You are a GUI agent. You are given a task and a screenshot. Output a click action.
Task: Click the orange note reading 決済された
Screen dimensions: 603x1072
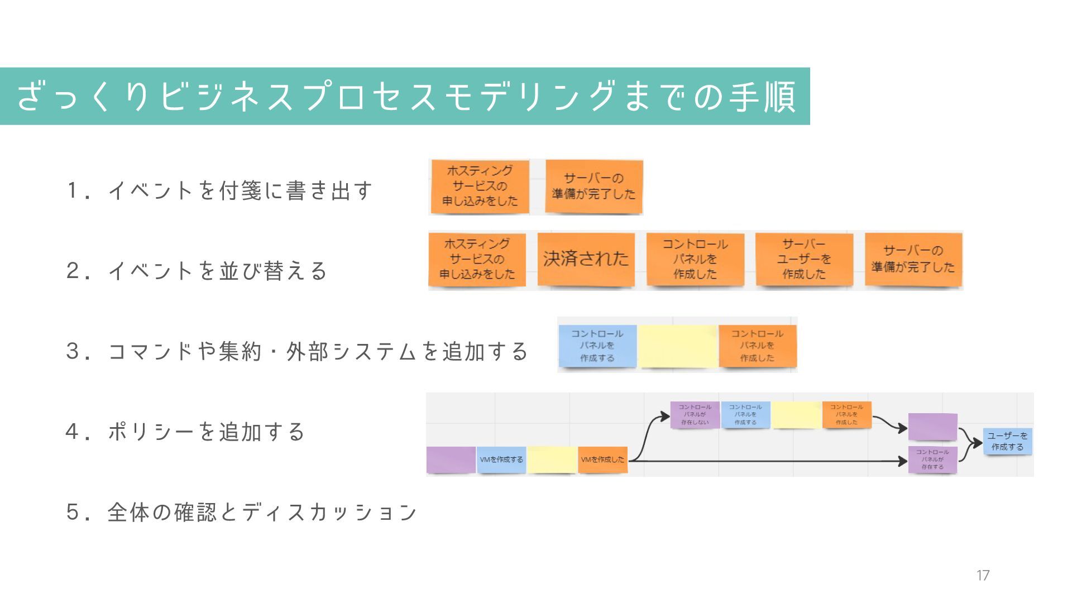tap(586, 259)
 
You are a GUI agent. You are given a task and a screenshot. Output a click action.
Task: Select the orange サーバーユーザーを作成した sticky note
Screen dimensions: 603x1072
tap(804, 259)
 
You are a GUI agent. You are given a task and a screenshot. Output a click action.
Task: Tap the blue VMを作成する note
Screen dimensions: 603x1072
tap(501, 460)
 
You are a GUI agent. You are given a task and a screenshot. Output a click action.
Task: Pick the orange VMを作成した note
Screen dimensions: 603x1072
tap(602, 460)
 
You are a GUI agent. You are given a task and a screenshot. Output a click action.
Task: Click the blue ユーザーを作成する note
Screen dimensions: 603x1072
tap(1007, 441)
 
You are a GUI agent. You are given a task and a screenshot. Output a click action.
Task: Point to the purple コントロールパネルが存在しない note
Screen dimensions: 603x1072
tap(695, 415)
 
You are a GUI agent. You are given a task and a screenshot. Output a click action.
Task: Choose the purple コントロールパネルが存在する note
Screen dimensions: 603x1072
tap(932, 460)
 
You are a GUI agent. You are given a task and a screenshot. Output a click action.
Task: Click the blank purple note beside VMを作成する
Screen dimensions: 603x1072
tap(451, 460)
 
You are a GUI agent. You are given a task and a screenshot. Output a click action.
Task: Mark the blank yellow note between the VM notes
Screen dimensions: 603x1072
tap(552, 460)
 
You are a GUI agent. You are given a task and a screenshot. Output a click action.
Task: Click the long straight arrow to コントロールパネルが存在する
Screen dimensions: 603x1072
tap(770, 461)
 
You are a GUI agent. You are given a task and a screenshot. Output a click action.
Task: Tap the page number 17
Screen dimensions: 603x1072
tap(983, 576)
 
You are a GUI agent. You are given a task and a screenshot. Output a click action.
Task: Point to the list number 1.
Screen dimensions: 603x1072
tap(73, 191)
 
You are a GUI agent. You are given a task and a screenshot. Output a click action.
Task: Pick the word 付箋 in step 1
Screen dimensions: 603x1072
tap(240, 191)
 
